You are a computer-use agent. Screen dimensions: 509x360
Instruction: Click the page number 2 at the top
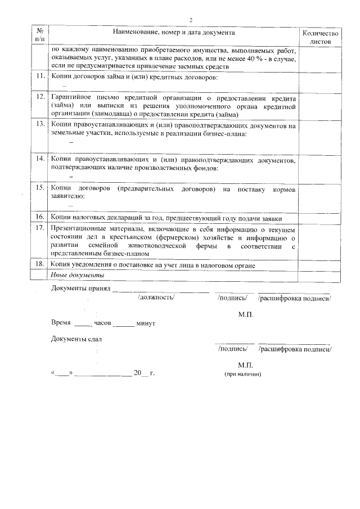[x=191, y=19]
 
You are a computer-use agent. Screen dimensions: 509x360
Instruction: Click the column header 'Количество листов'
[x=321, y=38]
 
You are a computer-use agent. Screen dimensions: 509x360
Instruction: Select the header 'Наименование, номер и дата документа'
[x=173, y=33]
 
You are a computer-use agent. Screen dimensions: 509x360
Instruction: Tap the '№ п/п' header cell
[x=39, y=34]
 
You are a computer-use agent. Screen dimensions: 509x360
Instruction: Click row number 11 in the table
[x=40, y=76]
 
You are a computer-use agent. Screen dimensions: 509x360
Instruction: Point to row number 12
[x=40, y=97]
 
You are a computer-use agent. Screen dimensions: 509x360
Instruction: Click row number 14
[x=40, y=159]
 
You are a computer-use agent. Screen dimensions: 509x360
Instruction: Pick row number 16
[x=40, y=217]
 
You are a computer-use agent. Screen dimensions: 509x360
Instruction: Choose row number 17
[x=40, y=228]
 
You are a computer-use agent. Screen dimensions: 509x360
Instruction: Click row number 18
[x=40, y=264]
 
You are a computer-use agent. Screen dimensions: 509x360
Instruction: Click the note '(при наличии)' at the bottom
[x=243, y=373]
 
